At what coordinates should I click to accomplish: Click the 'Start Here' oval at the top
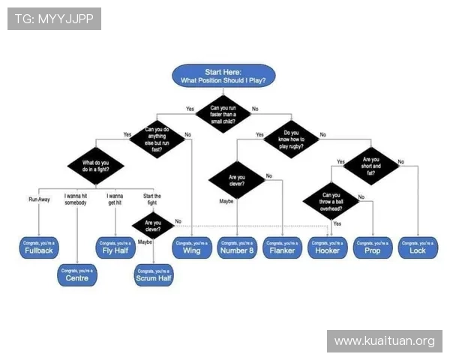click(223, 75)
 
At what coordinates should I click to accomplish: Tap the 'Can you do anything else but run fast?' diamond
click(156, 137)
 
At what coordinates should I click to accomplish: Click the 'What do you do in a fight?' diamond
click(96, 166)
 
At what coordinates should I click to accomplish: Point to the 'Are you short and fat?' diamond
click(371, 165)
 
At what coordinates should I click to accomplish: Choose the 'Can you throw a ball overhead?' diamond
click(330, 200)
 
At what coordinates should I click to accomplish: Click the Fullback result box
click(38, 247)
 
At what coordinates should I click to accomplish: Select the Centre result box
click(76, 274)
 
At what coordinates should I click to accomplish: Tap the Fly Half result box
click(115, 247)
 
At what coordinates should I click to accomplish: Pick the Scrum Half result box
click(154, 274)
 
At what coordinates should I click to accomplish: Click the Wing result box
click(191, 247)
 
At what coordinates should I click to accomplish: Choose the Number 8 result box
click(237, 247)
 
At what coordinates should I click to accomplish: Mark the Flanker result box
click(282, 247)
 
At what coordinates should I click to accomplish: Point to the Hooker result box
click(328, 247)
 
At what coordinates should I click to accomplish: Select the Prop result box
click(373, 247)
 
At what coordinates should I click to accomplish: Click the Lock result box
click(418, 247)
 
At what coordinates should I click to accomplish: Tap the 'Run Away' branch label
click(39, 199)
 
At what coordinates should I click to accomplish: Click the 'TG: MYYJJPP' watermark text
click(54, 18)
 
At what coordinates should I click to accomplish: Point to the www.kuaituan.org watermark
click(384, 341)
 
